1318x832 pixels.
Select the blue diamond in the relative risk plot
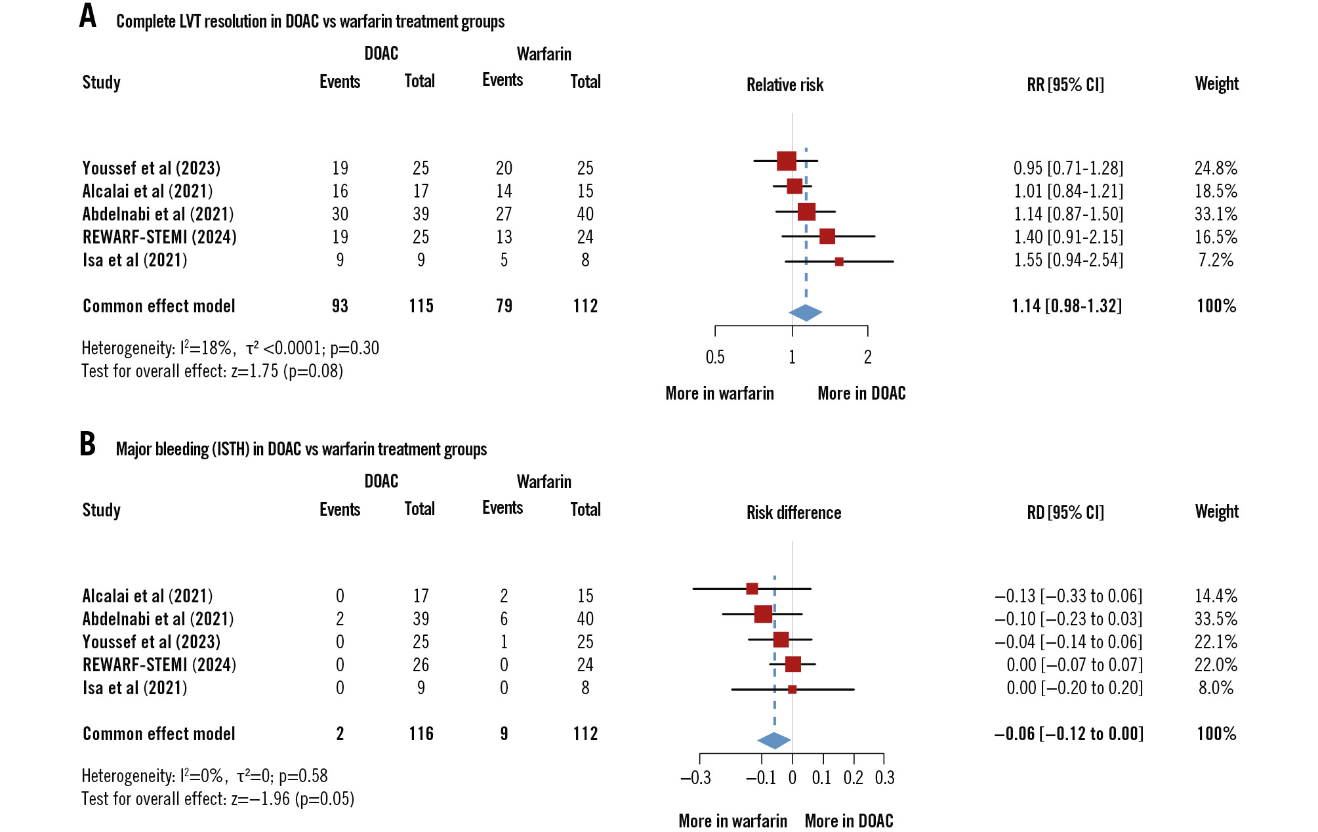pyautogui.click(x=805, y=313)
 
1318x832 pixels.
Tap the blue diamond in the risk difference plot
pyautogui.click(x=774, y=741)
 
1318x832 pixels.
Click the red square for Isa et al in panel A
pyautogui.click(x=839, y=262)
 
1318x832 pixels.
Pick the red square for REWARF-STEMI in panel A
pyautogui.click(x=827, y=236)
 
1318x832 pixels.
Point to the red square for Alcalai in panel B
pyautogui.click(x=752, y=589)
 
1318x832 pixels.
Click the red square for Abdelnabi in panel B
pyautogui.click(x=763, y=614)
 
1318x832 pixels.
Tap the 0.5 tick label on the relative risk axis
pyautogui.click(x=715, y=357)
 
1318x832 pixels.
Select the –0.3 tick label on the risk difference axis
pyautogui.click(x=695, y=778)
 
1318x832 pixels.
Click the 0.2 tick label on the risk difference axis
pyautogui.click(x=853, y=778)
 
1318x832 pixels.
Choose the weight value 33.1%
pyautogui.click(x=1216, y=214)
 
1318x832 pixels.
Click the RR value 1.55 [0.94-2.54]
pyautogui.click(x=1068, y=260)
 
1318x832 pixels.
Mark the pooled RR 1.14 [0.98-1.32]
pyautogui.click(x=1067, y=306)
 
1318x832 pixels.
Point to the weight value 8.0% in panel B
pyautogui.click(x=1216, y=688)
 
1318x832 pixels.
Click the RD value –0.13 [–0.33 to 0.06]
pyautogui.click(x=1068, y=596)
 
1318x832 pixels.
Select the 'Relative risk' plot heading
pyautogui.click(x=785, y=85)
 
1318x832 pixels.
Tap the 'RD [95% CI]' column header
pyautogui.click(x=1065, y=512)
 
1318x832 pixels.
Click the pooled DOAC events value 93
pyautogui.click(x=340, y=306)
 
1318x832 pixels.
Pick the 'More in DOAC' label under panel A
pyautogui.click(x=861, y=393)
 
